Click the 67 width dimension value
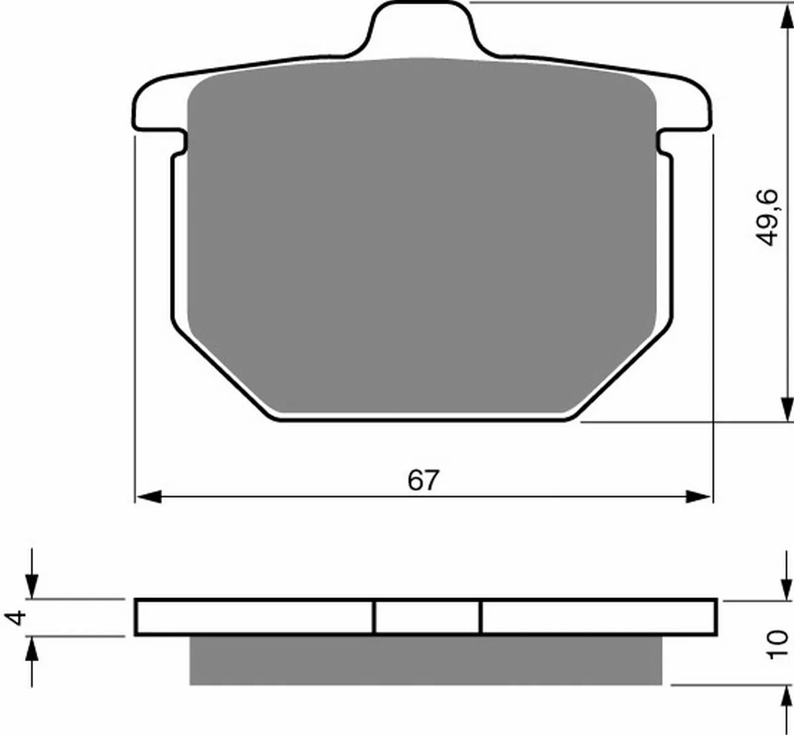click(423, 480)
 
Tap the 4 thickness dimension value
click(17, 618)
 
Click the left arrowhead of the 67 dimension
click(149, 497)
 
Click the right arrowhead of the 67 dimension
click(699, 497)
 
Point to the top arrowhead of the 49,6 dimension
click(787, 15)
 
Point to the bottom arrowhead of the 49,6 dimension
click(787, 409)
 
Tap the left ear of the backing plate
click(160, 104)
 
